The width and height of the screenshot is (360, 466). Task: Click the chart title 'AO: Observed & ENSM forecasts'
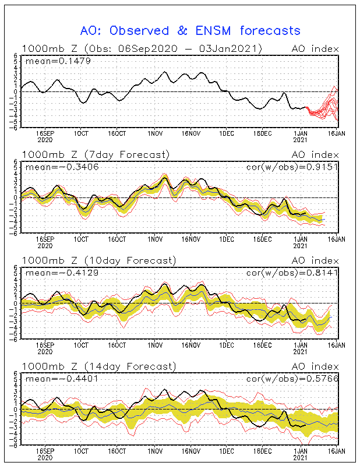click(190, 30)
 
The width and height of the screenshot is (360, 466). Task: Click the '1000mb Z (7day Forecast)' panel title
click(96, 154)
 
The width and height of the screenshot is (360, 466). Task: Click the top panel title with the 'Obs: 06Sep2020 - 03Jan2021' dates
click(142, 48)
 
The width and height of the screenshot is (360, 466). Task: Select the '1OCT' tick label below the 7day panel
click(82, 239)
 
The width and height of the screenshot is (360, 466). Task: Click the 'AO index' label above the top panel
click(315, 48)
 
